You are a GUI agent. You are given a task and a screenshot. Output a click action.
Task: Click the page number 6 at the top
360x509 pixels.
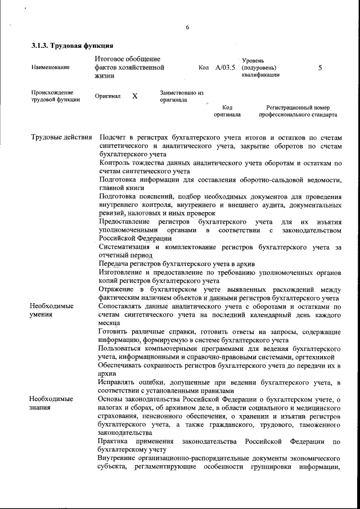(x=187, y=28)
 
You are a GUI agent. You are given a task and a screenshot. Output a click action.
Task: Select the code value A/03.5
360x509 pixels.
(x=225, y=67)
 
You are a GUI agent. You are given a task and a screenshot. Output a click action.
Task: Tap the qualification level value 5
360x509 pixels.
(x=319, y=67)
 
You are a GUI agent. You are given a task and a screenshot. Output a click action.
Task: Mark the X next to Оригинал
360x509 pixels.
(x=135, y=96)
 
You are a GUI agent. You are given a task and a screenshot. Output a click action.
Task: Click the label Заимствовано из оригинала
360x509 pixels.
(x=181, y=96)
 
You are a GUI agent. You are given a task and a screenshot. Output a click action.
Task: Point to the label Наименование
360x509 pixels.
(x=51, y=67)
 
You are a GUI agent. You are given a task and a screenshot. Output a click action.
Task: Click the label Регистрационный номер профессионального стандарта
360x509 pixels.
(x=298, y=111)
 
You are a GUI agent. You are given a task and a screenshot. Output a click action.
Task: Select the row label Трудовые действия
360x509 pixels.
(x=61, y=137)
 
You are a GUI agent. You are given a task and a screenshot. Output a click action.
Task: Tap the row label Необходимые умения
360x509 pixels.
(x=52, y=310)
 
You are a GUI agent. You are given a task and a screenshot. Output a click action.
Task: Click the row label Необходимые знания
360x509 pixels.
(x=52, y=403)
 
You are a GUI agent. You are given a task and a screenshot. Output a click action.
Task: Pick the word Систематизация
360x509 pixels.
(x=126, y=247)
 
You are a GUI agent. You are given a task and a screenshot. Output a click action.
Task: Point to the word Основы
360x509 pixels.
(x=111, y=399)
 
